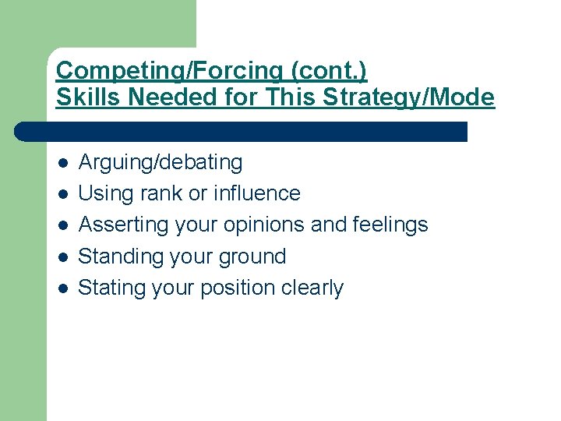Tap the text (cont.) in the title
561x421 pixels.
click(329, 70)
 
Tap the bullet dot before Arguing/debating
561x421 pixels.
click(63, 163)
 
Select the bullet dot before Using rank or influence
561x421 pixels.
click(63, 194)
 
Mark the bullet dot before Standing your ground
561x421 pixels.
click(63, 256)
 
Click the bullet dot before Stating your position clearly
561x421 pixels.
click(63, 288)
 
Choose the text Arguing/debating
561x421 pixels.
click(161, 163)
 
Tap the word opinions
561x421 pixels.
click(264, 225)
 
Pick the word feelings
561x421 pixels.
click(389, 225)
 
